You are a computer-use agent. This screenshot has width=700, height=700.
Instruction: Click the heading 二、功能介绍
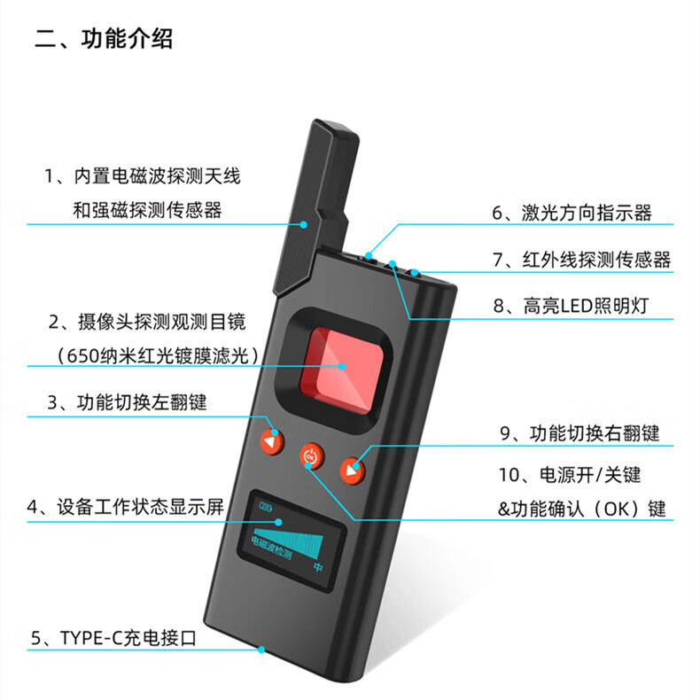(x=104, y=38)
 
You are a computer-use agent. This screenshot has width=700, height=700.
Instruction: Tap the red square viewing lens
(x=341, y=370)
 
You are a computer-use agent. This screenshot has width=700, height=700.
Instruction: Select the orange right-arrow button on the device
(x=353, y=471)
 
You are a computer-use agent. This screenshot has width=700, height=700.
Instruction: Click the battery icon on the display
(x=266, y=507)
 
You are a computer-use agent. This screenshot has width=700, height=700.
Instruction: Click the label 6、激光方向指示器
(x=572, y=213)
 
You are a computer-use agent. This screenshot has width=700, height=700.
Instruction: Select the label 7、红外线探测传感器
(x=581, y=260)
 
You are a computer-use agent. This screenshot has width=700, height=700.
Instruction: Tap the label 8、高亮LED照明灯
(x=571, y=307)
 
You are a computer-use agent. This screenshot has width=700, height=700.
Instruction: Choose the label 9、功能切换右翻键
(x=579, y=433)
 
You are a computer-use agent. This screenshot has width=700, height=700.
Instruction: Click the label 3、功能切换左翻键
(x=128, y=402)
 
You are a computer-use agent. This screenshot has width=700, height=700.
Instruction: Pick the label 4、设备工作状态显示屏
(x=126, y=507)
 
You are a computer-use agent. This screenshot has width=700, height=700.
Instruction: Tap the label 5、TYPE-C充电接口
(x=113, y=638)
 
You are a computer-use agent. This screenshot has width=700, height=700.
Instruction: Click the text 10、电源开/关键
(x=570, y=475)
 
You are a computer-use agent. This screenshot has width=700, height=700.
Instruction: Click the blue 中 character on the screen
(x=318, y=567)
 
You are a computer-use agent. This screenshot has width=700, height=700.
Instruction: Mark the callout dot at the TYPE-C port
(x=261, y=650)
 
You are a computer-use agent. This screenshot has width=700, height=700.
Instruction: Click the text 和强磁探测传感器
(x=147, y=210)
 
